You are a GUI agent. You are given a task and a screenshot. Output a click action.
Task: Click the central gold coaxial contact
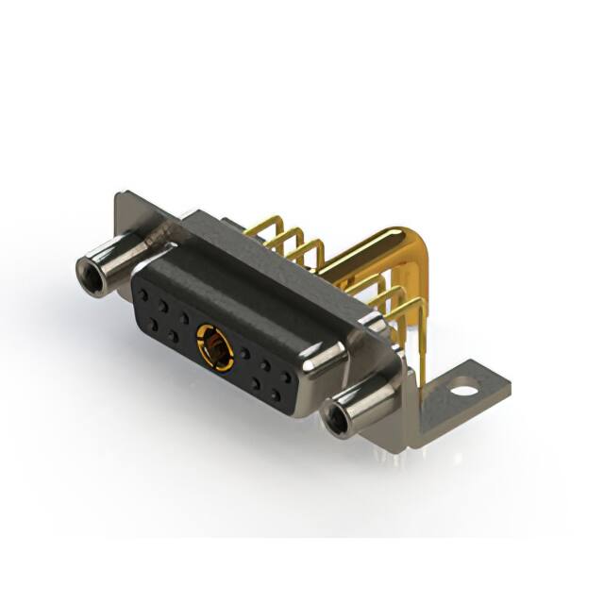pyautogui.click(x=215, y=346)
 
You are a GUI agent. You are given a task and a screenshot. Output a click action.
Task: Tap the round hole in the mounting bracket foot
pyautogui.click(x=462, y=385)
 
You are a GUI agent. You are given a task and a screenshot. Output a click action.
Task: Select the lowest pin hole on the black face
pyautogui.click(x=276, y=396)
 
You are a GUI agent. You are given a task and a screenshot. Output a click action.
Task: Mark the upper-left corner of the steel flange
pyautogui.click(x=119, y=198)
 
